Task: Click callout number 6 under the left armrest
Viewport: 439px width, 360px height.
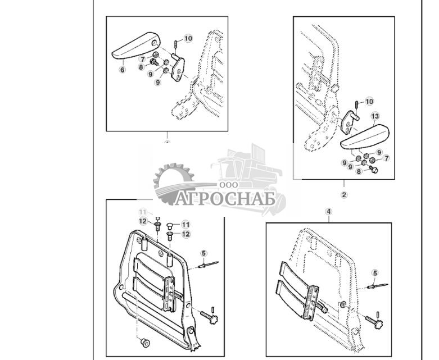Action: (122, 70)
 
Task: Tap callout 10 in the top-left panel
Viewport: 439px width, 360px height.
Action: (188, 38)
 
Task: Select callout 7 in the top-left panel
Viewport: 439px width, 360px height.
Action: (143, 59)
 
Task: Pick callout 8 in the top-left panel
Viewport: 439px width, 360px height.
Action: (142, 67)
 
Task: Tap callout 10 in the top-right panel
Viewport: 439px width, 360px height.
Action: (369, 102)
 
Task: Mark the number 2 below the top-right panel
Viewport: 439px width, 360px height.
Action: (344, 195)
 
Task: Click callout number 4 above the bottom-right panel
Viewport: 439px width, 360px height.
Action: (329, 212)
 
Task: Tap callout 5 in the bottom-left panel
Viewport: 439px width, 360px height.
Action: (204, 253)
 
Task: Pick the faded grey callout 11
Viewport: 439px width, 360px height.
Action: (142, 212)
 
